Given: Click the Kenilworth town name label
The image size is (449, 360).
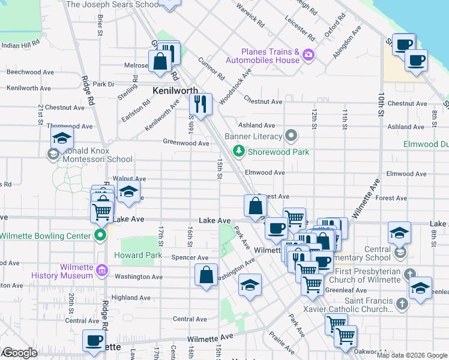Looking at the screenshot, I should click(x=175, y=91).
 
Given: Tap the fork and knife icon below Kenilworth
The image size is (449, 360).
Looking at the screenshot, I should click(x=200, y=104).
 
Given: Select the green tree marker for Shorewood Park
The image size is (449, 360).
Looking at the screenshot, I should click(x=240, y=151).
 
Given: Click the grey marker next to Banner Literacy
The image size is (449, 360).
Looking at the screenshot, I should click(x=292, y=136).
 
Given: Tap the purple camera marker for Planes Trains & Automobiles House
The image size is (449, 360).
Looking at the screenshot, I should click(x=309, y=55).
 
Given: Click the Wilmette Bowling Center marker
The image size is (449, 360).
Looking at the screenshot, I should click(x=101, y=236).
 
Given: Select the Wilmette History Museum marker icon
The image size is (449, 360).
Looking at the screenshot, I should click(x=102, y=271).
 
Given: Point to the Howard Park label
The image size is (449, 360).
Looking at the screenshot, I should click(x=142, y=255).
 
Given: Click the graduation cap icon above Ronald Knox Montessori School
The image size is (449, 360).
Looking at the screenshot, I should click(x=62, y=137).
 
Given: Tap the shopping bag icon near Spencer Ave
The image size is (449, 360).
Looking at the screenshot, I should click(x=206, y=275).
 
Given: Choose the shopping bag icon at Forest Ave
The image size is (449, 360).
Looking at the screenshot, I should click(x=255, y=205).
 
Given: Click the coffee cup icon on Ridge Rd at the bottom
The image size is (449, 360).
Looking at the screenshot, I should click(x=94, y=340).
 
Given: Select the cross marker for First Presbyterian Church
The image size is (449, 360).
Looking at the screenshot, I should click(x=410, y=274).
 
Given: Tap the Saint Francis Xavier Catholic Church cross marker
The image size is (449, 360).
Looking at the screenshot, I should click(x=402, y=304).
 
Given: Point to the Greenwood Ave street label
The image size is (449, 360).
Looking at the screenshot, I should click(x=186, y=143).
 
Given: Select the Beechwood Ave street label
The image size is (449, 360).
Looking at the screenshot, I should click(x=31, y=71).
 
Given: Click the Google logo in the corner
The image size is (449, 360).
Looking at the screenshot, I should click(x=19, y=353).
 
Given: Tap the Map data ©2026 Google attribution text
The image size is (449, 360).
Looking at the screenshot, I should click(x=411, y=355).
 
